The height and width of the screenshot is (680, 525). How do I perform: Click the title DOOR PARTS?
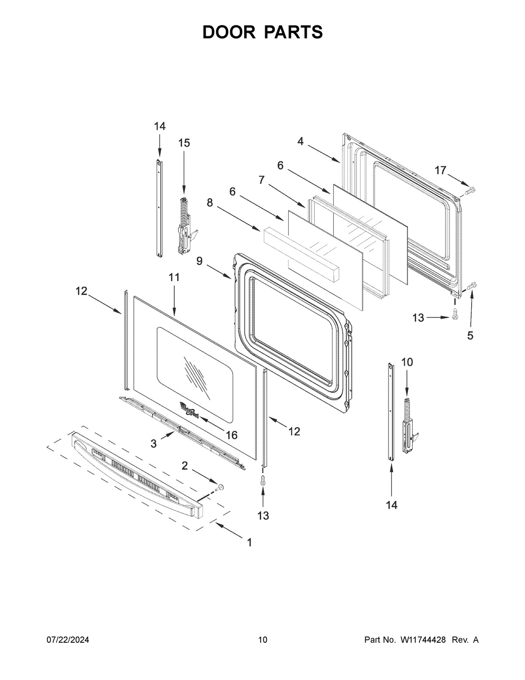pyautogui.click(x=262, y=32)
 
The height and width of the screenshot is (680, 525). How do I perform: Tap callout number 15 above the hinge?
pyautogui.click(x=184, y=143)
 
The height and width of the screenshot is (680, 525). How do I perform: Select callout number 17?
pyautogui.click(x=440, y=170)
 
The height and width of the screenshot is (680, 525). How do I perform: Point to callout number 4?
pyautogui.click(x=301, y=141)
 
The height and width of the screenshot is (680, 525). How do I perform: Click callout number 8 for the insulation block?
pyautogui.click(x=210, y=202)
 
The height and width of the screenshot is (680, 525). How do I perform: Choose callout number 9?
pyautogui.click(x=199, y=261)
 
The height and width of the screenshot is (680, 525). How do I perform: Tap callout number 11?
pyautogui.click(x=174, y=277)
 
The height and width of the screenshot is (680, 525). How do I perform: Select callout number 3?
pyautogui.click(x=154, y=444)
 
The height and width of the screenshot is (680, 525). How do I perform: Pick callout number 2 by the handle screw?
pyautogui.click(x=185, y=465)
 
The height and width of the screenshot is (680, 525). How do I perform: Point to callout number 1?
pyautogui.click(x=249, y=543)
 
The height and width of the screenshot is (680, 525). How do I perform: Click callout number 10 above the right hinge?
pyautogui.click(x=407, y=362)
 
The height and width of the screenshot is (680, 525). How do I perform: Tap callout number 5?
pyautogui.click(x=470, y=335)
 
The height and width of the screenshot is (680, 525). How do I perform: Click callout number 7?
pyautogui.click(x=261, y=180)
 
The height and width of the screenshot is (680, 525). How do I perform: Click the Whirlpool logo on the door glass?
pyautogui.click(x=189, y=410)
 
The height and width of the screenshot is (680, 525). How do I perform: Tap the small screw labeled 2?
pyautogui.click(x=220, y=487)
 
